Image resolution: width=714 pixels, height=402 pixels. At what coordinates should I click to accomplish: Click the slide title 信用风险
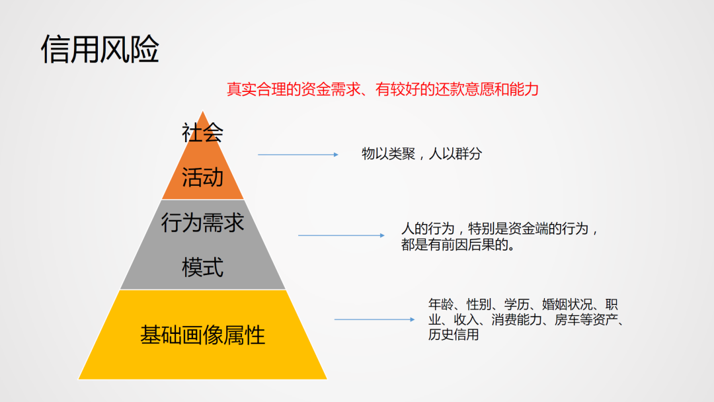100,50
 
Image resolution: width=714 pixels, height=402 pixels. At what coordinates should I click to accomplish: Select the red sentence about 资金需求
383,89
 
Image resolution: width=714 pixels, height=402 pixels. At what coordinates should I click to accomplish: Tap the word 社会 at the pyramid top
202,133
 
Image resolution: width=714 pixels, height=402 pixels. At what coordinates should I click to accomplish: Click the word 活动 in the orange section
202,177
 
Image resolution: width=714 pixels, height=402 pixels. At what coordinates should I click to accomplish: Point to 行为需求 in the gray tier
202,223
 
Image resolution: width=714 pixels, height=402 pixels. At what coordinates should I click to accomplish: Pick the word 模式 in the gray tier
202,268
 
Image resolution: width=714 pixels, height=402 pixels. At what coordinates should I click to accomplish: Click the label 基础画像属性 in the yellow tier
202,335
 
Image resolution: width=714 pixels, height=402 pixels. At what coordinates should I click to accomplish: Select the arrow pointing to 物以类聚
297,155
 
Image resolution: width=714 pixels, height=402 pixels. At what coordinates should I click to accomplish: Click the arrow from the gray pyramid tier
341,235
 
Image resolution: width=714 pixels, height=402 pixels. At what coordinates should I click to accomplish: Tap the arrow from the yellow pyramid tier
374,319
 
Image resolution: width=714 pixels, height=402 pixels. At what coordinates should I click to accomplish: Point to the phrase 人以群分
456,155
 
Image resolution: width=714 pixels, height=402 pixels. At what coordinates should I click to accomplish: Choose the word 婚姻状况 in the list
569,305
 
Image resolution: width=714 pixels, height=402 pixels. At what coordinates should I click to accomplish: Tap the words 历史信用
453,335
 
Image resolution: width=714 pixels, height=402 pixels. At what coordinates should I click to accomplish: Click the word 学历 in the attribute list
518,305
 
